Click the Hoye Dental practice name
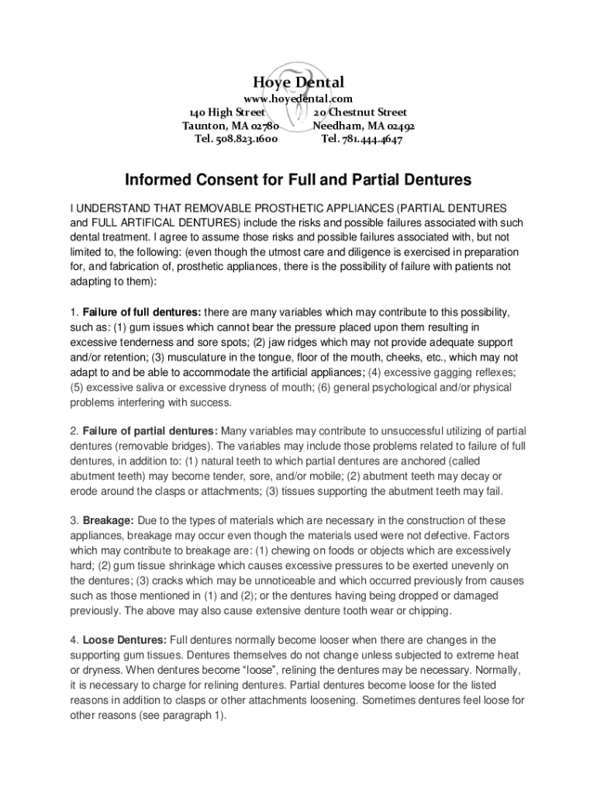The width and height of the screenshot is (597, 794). pos(298,82)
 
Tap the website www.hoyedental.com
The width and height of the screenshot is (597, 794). pos(298,99)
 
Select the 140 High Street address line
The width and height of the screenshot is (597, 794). pos(229,112)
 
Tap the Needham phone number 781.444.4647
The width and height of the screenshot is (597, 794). pos(361,140)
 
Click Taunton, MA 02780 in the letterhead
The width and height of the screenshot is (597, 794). pos(230,126)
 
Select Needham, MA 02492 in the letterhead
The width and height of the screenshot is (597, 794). pos(364,126)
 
